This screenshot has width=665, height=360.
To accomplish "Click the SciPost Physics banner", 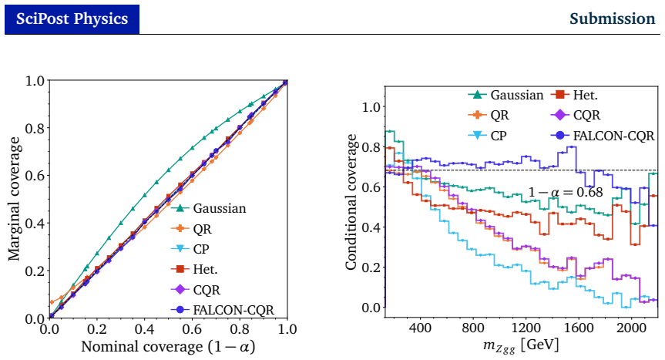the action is click(x=72, y=19).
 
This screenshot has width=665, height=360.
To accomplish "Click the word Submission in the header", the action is click(x=612, y=19).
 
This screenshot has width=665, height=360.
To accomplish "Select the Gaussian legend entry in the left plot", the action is click(x=209, y=208).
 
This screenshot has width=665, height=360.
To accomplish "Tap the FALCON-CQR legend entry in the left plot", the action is click(x=223, y=310).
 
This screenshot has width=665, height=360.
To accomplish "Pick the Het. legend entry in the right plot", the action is click(x=574, y=95).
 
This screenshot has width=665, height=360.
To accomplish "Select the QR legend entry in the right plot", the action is click(x=489, y=115).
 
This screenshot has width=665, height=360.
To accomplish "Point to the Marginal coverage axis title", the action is click(x=14, y=198).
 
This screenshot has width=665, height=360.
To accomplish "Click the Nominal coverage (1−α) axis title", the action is click(x=168, y=347).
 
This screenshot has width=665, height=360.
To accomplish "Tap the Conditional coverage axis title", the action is click(x=351, y=202).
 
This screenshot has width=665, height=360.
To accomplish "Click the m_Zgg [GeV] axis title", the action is click(x=521, y=345).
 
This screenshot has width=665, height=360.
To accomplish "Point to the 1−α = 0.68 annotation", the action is click(x=566, y=193).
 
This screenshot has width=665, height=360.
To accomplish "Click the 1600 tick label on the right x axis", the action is click(x=579, y=328).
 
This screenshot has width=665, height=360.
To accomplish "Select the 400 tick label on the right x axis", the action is click(x=420, y=328).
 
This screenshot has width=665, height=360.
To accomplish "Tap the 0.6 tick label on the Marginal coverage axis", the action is click(x=35, y=176).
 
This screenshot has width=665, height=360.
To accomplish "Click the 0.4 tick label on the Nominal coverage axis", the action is click(x=145, y=329).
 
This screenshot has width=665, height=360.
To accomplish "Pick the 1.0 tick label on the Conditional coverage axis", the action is click(x=371, y=107).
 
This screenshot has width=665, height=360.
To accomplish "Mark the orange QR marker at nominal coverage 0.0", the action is click(x=52, y=302).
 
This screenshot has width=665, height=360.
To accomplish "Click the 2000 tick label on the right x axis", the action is click(x=631, y=328).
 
